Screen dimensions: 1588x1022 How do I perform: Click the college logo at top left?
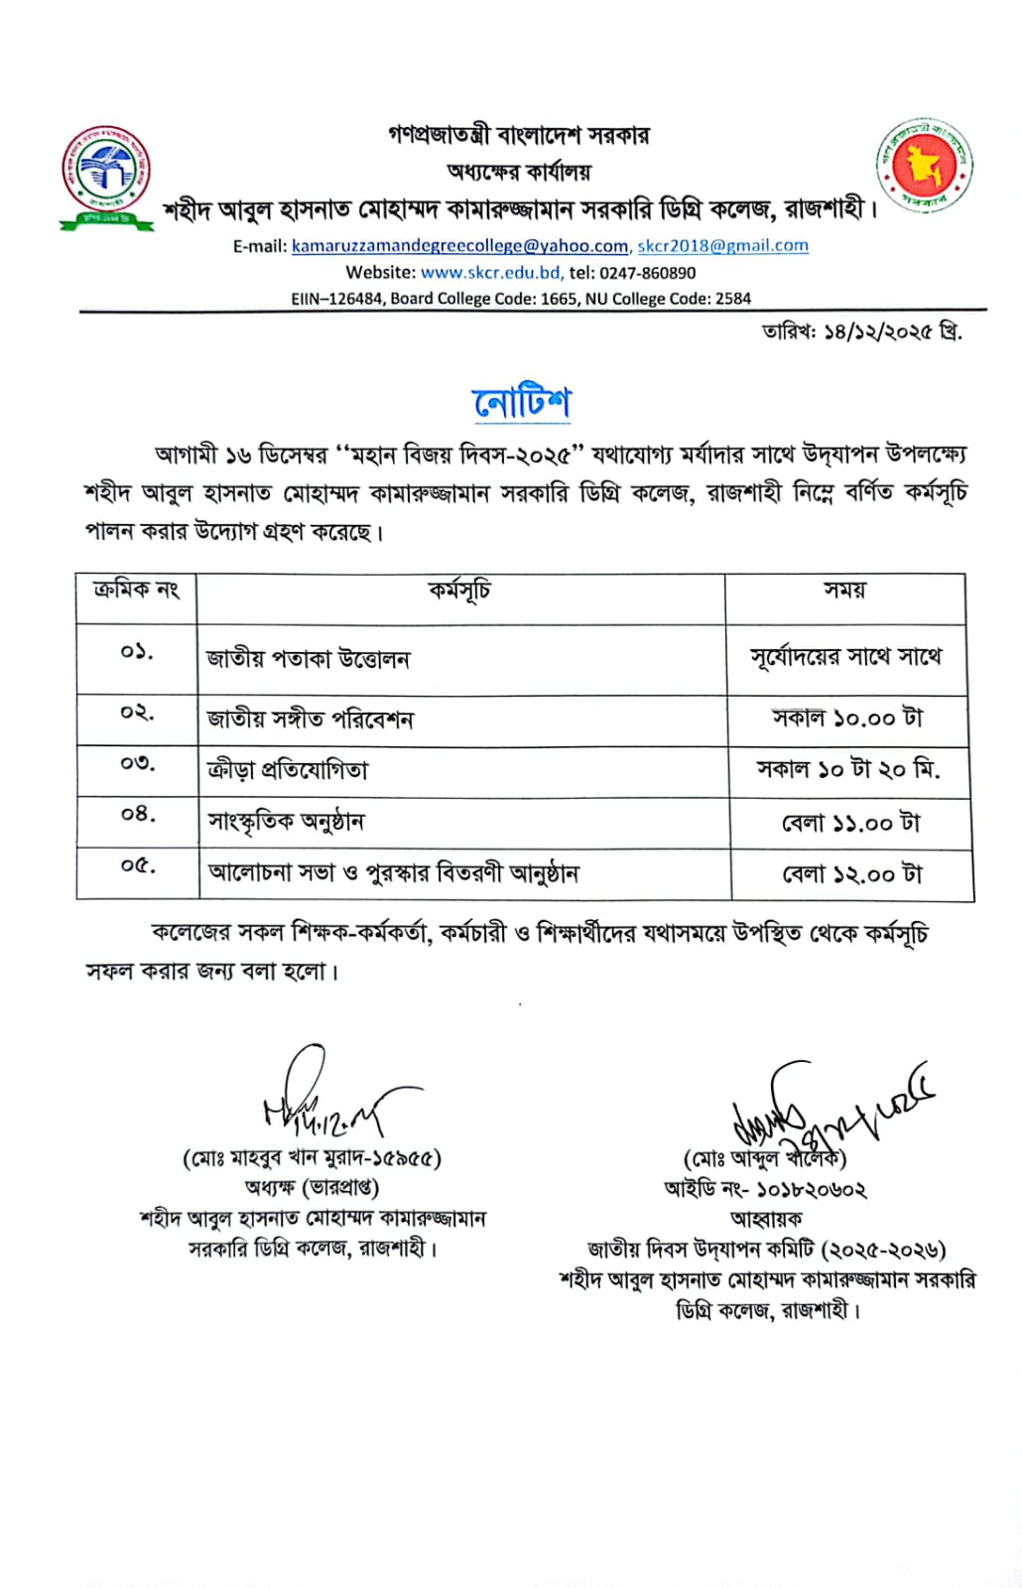[106, 176]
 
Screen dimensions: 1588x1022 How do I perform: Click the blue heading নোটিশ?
[522, 402]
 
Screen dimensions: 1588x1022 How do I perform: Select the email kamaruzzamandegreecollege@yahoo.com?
[460, 246]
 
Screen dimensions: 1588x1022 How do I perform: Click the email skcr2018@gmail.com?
[722, 245]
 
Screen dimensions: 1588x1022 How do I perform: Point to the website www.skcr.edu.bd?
[491, 272]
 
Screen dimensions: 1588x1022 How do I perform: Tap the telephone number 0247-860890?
[647, 272]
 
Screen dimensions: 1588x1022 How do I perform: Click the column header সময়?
[844, 592]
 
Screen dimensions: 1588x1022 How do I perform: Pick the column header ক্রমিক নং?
[136, 591]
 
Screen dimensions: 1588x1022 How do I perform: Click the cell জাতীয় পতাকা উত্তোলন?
[308, 659]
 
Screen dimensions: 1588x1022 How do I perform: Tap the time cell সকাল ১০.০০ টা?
[847, 719]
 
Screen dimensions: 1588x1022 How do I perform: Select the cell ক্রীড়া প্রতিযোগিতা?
[288, 770]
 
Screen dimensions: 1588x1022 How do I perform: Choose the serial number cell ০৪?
[138, 815]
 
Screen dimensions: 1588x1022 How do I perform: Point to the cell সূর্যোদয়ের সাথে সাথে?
[845, 657]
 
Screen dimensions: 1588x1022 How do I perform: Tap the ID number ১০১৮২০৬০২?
[811, 1189]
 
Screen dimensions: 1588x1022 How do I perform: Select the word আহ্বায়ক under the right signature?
[766, 1219]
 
